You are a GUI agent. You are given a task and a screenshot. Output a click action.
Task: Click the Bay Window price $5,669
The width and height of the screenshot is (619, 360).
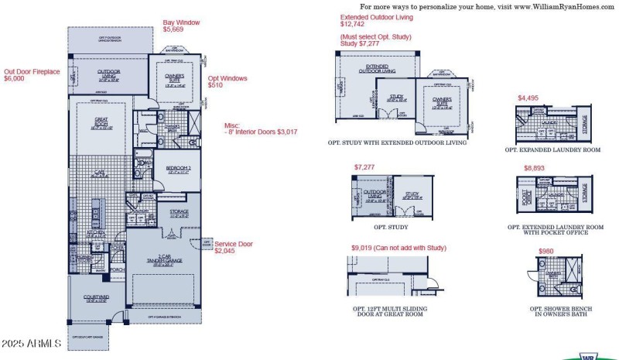(x=175, y=31)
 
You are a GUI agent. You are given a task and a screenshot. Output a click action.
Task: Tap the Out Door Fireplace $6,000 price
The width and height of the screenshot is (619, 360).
(x=15, y=78)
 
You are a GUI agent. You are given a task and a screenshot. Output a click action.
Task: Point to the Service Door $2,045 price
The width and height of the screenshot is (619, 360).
(x=224, y=251)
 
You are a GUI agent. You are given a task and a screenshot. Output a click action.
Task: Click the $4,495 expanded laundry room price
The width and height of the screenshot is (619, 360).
(x=528, y=98)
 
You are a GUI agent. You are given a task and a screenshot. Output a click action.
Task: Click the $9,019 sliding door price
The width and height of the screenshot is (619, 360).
(x=365, y=248)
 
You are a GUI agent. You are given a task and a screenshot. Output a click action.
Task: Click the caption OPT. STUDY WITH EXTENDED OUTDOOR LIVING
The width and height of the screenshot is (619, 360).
(x=398, y=142)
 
